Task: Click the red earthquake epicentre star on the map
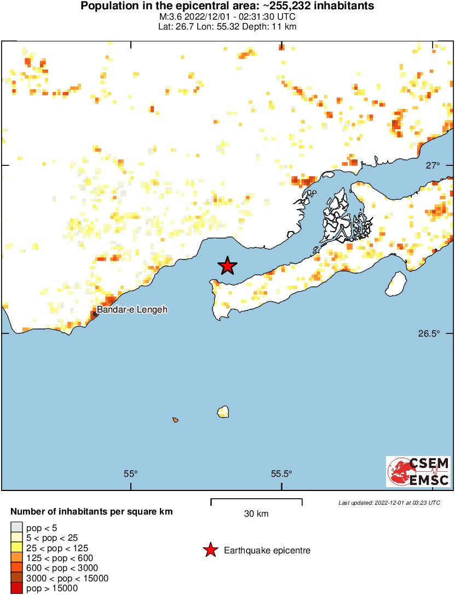tap(228, 266)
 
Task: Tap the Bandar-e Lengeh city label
tap(133, 310)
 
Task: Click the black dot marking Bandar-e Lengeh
tap(95, 314)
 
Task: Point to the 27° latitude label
tap(433, 166)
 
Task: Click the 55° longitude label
tap(130, 474)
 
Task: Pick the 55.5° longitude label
tap(281, 474)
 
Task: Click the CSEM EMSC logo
tap(418, 471)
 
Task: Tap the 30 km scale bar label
tap(256, 513)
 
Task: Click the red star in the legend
tap(210, 551)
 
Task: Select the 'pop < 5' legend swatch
tap(16, 528)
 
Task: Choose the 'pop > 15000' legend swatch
tap(16, 588)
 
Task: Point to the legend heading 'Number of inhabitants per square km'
tap(92, 512)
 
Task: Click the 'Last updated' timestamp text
tap(389, 502)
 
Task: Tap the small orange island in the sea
tap(175, 420)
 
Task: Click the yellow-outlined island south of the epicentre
tap(223, 412)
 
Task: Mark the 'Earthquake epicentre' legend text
tap(267, 551)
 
